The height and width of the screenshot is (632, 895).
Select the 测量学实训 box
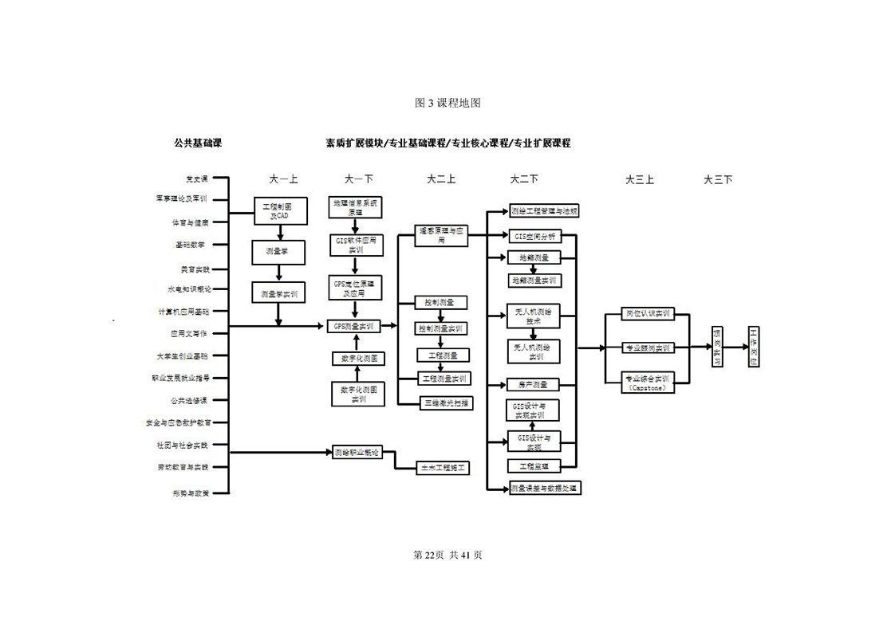coord(279,293)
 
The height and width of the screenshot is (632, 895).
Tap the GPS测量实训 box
coord(353,325)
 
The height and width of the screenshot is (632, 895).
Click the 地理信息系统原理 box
coord(356,207)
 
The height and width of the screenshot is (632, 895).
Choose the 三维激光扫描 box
coord(446,402)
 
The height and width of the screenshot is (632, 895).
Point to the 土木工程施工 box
coord(444,468)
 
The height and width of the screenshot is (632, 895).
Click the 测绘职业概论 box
coord(357,452)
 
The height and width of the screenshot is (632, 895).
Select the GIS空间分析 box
coord(534,236)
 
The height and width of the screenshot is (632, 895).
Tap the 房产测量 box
coord(534,384)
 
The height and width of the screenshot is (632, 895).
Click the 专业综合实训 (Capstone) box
coord(648,382)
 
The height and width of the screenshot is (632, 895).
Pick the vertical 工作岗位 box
coord(755,347)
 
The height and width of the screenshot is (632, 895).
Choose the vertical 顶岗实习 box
coord(718,347)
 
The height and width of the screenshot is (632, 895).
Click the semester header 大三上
coord(639,179)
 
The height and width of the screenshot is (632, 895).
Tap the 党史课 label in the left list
coord(196,179)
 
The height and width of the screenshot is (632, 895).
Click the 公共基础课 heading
coord(197,143)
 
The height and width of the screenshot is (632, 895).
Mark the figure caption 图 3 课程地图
coord(447,103)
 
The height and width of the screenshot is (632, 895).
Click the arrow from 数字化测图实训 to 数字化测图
coord(357,374)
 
